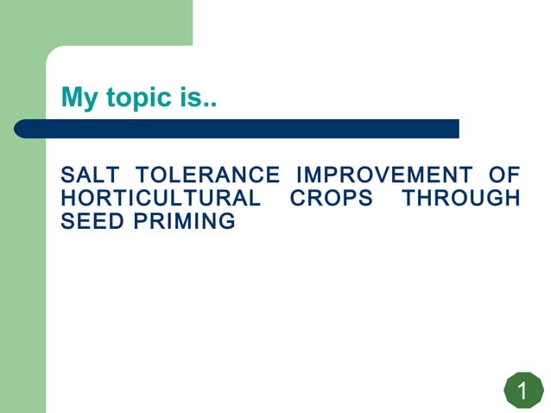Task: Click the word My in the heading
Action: point(80,98)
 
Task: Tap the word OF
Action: point(503,175)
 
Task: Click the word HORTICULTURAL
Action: point(160,199)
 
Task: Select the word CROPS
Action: point(331,199)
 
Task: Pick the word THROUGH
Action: point(460,199)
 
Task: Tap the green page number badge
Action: point(522,391)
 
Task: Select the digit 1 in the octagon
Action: point(522,391)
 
